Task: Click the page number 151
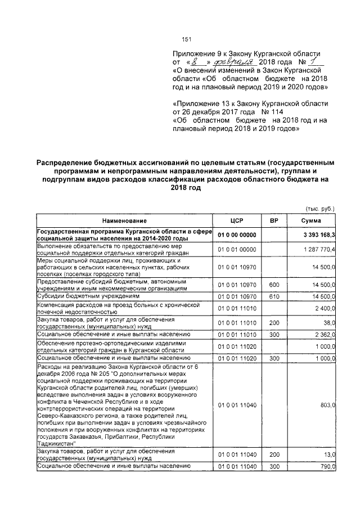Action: click(x=187, y=39)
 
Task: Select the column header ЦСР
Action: click(x=236, y=220)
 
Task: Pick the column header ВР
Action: click(x=274, y=220)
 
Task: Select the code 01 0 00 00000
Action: click(x=236, y=235)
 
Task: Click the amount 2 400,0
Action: click(x=325, y=309)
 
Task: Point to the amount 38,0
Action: click(x=328, y=323)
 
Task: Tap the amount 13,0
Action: click(x=328, y=454)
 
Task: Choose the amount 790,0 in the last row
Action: click(x=327, y=466)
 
